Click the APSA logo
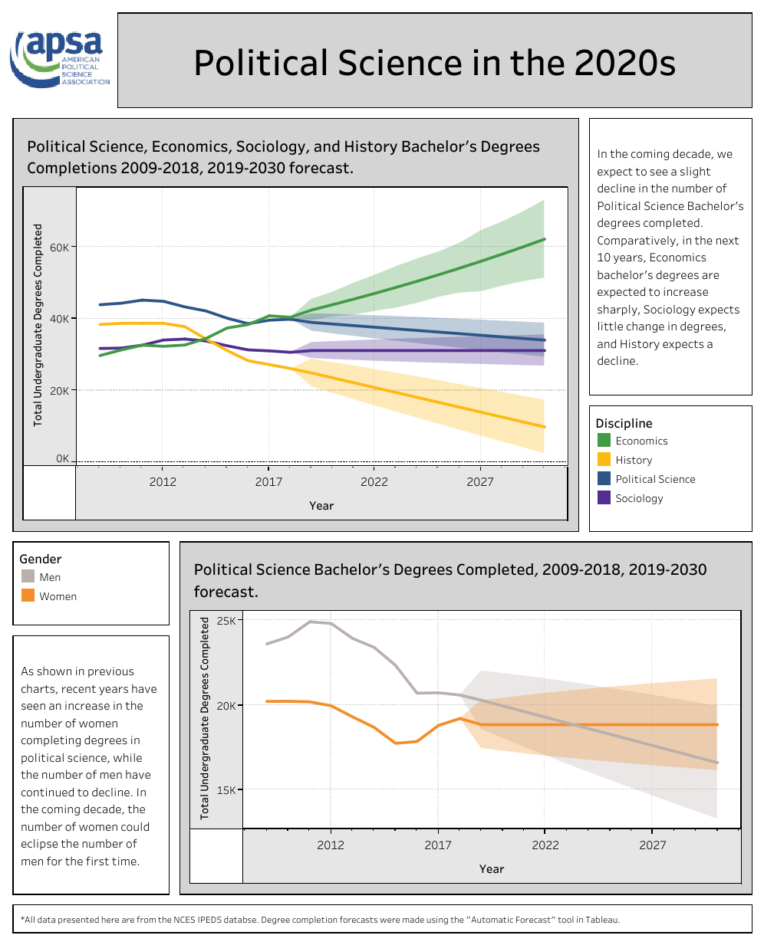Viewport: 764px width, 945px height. [x=60, y=58]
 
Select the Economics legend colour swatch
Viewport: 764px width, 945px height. [x=604, y=441]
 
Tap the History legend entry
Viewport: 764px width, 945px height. [x=634, y=460]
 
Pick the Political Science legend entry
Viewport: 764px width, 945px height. [x=655, y=479]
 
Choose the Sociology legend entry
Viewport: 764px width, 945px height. [x=639, y=498]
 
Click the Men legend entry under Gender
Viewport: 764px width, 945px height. [x=50, y=577]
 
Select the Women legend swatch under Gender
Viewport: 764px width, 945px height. [x=28, y=596]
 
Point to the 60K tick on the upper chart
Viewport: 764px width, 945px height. [x=59, y=248]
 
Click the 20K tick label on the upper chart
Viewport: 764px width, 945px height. [x=59, y=391]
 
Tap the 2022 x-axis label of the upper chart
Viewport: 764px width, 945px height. [x=374, y=482]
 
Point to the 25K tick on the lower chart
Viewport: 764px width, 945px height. [x=226, y=621]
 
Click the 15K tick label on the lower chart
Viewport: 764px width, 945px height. [x=226, y=790]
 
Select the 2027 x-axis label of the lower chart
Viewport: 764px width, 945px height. [x=653, y=845]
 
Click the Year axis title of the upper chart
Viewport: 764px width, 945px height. [x=321, y=506]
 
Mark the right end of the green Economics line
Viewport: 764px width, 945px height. [x=544, y=239]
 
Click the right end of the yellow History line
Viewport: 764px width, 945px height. [x=544, y=427]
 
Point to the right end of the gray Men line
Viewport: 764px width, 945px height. [x=716, y=763]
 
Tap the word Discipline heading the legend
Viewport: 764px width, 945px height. [x=624, y=423]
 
